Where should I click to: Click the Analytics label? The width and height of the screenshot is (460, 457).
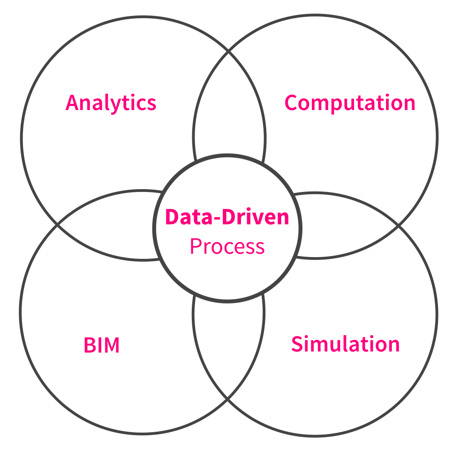(111, 103)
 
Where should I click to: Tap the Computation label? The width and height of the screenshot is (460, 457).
(350, 103)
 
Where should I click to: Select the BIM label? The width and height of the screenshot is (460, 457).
(102, 346)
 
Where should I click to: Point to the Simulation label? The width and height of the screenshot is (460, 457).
(345, 344)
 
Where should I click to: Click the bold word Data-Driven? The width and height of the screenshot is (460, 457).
(227, 217)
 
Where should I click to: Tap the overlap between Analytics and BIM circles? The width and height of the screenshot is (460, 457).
(108, 225)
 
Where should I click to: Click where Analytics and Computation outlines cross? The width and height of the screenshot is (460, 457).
(229, 51)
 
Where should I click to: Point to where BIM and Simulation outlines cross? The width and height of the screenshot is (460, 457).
(228, 399)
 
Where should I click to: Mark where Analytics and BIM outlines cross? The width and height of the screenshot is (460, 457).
(57, 225)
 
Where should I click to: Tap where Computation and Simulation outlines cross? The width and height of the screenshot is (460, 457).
(399, 226)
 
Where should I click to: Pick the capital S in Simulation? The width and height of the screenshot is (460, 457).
(297, 344)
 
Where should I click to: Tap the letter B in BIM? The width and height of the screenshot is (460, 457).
(89, 346)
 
